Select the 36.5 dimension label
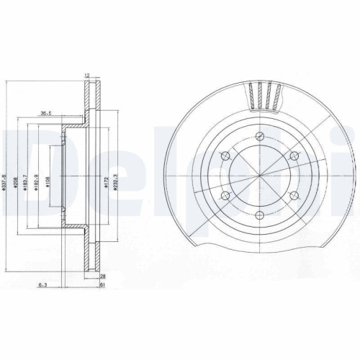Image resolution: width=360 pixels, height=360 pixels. (45, 112)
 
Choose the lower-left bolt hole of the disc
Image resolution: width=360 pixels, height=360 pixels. (225, 196)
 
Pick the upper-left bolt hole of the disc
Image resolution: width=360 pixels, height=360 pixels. (225, 156)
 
